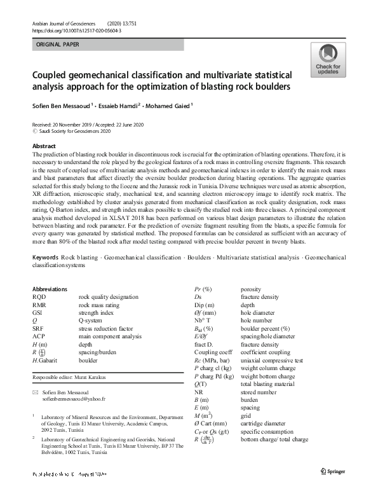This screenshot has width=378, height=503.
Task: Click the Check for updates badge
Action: [328, 60]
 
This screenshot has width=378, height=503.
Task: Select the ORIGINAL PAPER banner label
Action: [58, 45]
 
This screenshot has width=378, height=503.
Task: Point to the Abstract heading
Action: [44, 146]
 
